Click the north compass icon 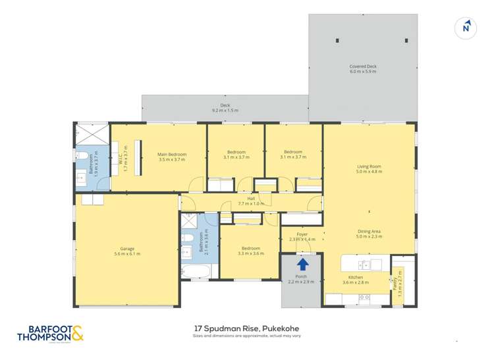point(466,27)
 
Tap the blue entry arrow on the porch point(302,264)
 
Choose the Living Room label point(369,168)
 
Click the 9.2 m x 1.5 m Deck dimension point(225,111)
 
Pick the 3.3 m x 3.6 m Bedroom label point(251,250)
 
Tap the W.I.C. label point(121,158)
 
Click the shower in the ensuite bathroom point(91,136)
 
